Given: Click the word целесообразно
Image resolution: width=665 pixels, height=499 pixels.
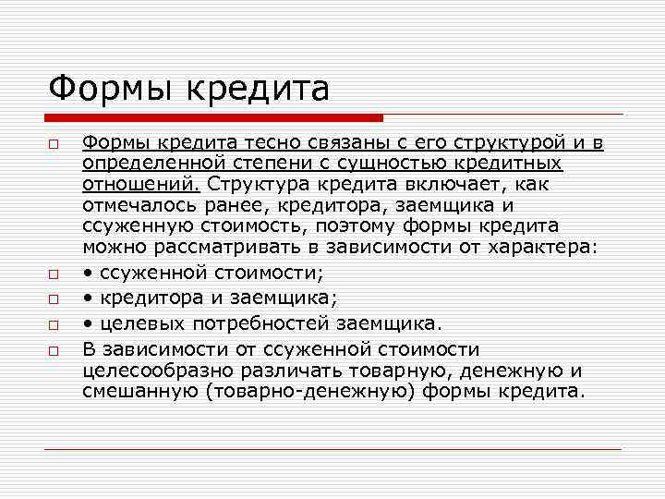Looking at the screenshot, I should point(149,370).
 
